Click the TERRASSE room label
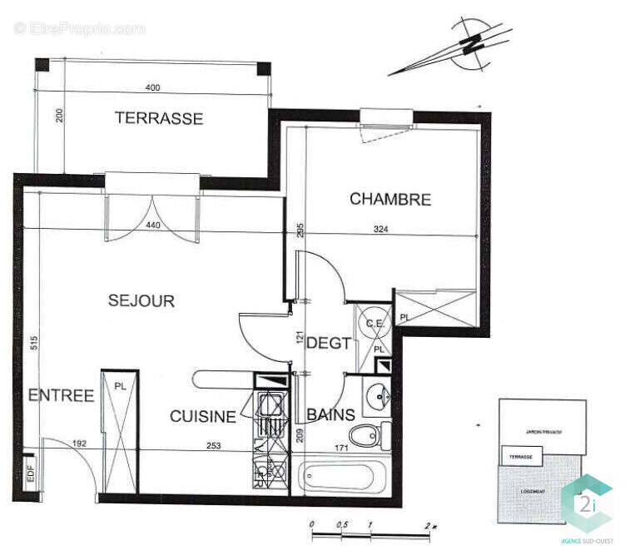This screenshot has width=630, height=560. coord(158,118)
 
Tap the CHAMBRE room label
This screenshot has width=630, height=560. coord(389,200)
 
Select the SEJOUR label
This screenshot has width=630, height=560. coord(141,301)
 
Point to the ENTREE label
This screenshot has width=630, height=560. coord(61,396)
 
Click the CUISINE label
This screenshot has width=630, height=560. coord(203,416)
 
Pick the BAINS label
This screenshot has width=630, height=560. coord(331,414)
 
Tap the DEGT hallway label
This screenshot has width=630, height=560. coord(329,342)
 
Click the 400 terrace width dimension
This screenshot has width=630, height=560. coord(152,87)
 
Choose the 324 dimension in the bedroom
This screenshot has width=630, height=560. coord(380,230)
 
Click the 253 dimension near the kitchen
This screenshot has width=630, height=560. coord(215,446)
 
